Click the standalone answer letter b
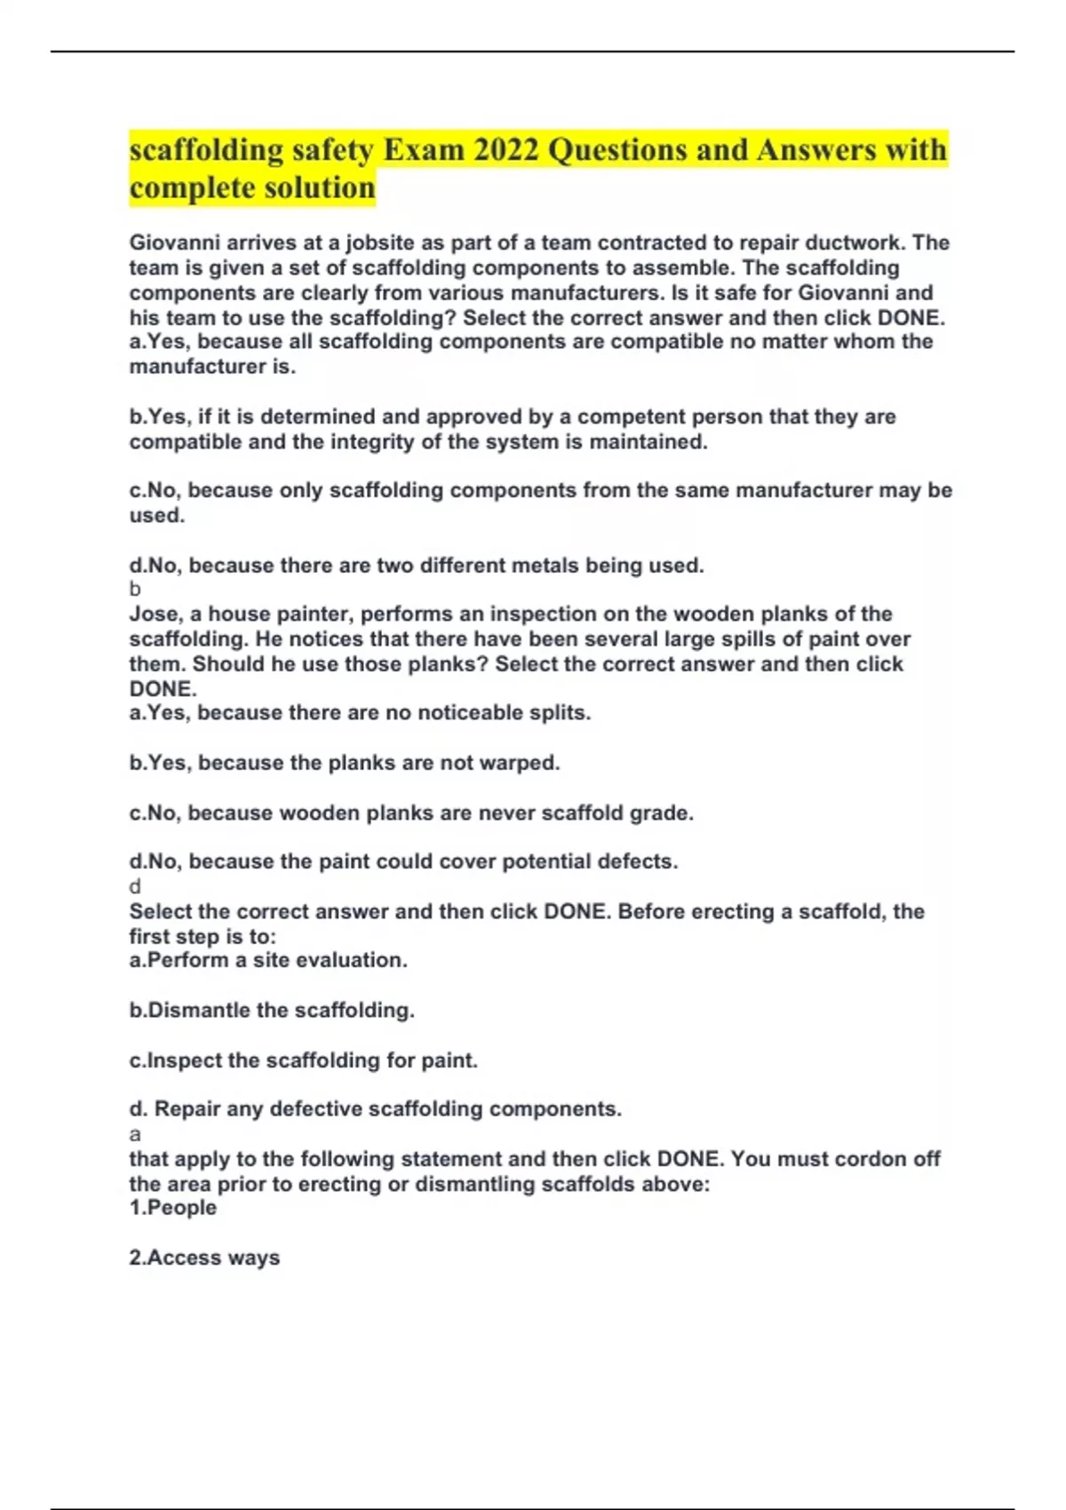pyautogui.click(x=135, y=589)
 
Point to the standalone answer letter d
pyautogui.click(x=135, y=886)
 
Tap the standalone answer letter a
pyautogui.click(x=135, y=1134)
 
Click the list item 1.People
pyautogui.click(x=173, y=1208)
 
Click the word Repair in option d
pyautogui.click(x=187, y=1109)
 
